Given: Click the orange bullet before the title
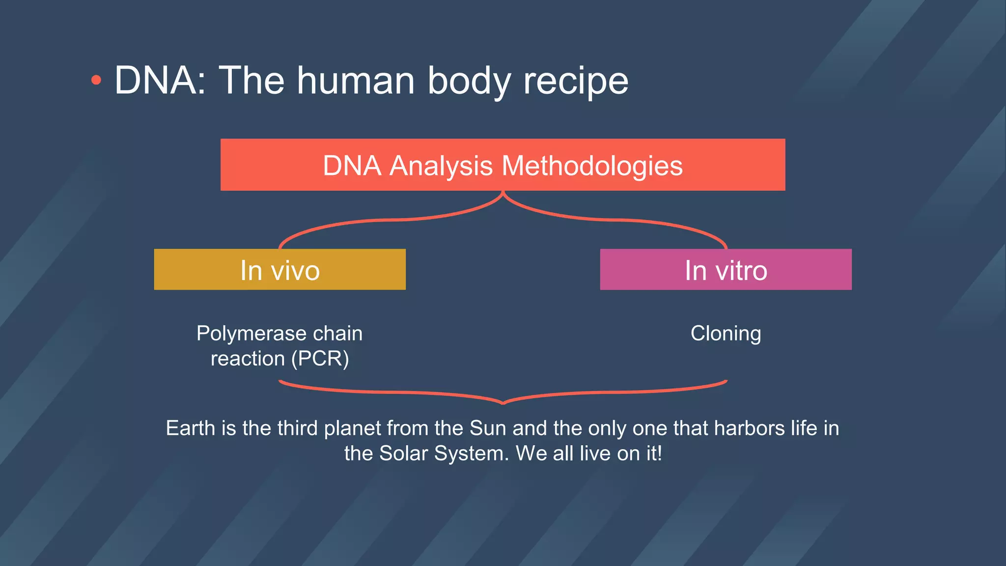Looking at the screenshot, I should coord(96,80).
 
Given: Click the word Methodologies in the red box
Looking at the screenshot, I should coord(592,166).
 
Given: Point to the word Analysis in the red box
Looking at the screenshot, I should coord(441,166).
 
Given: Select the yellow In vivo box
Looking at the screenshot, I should coord(279,270).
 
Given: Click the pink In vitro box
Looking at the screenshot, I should coord(726,270).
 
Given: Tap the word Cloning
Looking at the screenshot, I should coord(726,334).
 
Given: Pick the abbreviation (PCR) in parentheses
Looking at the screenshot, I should coord(320,359).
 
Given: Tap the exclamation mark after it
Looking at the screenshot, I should coord(659,453).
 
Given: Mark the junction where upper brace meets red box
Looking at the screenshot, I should coord(503,193).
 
